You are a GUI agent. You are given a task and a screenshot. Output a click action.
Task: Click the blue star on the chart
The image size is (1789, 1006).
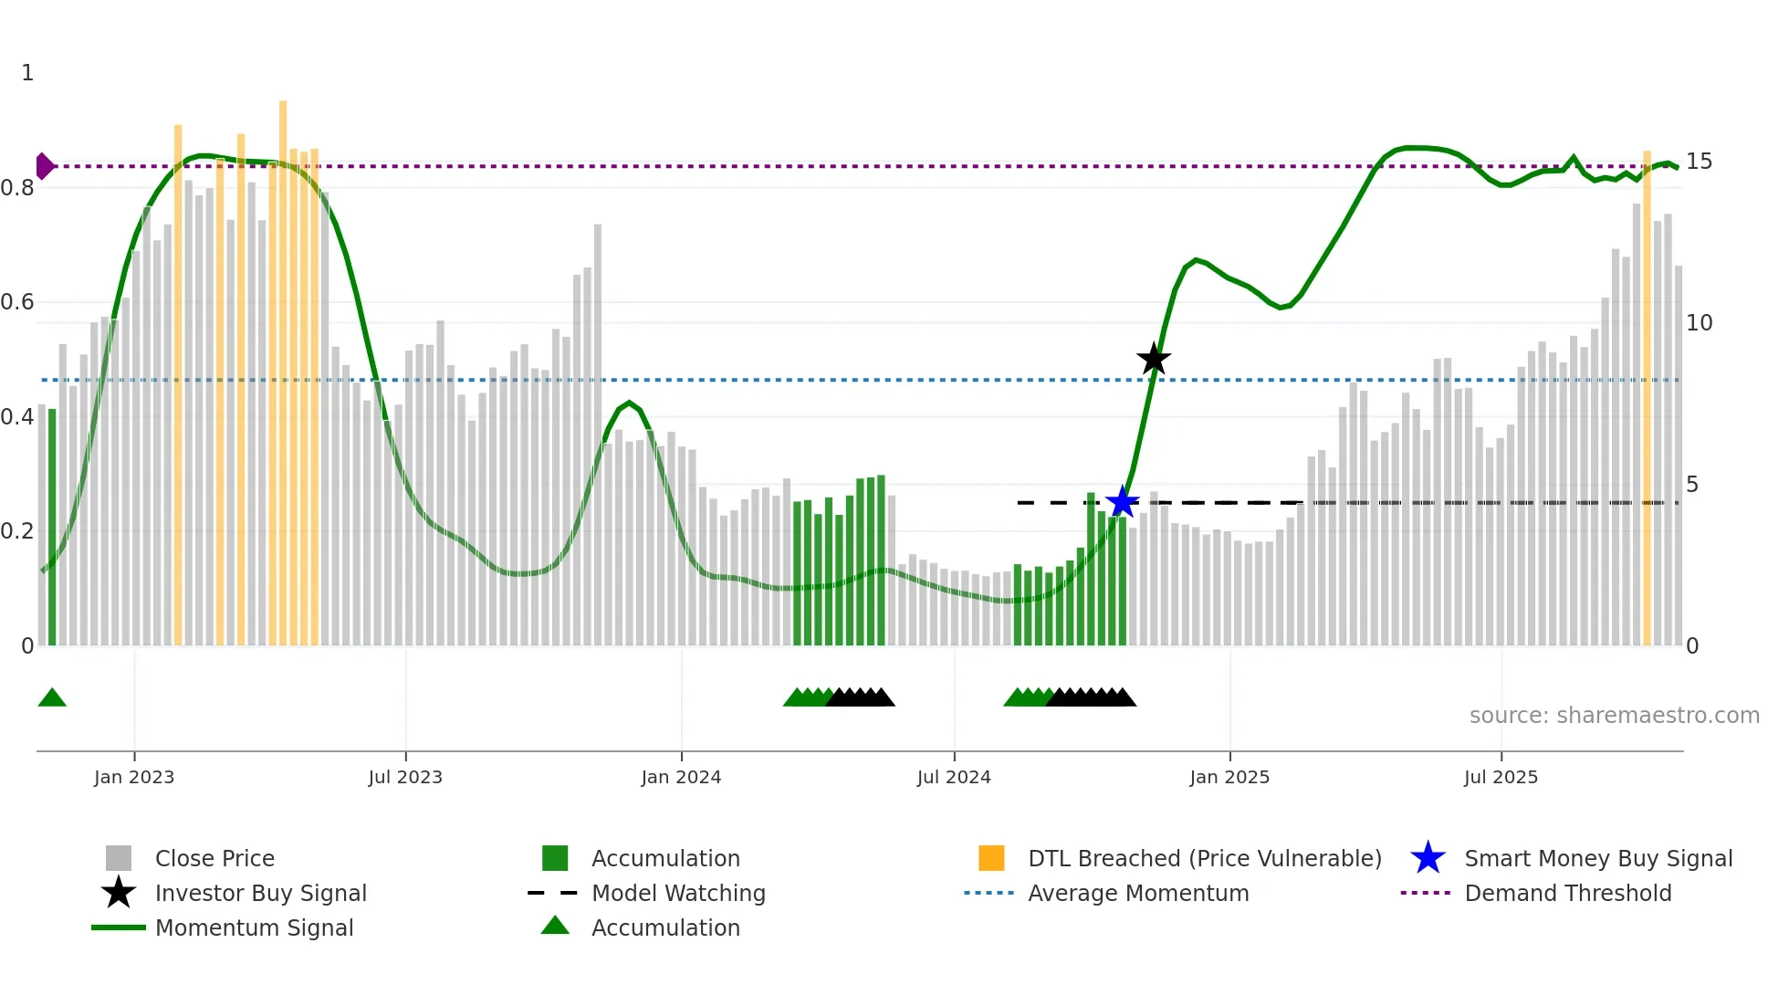coord(1122,502)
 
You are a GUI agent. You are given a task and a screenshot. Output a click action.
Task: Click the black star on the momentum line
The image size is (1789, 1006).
coord(1154,360)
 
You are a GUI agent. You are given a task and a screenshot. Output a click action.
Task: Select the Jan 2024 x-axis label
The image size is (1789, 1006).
coord(681,777)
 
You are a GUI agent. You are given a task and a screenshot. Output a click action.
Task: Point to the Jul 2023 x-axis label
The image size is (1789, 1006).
coord(405,777)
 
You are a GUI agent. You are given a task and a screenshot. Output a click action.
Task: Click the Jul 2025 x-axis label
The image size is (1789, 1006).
coord(1501,777)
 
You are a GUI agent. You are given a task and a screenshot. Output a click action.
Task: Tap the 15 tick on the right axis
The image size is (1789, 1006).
coord(1699,162)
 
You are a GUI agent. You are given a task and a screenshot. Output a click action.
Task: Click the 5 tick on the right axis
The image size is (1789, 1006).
coord(1692,485)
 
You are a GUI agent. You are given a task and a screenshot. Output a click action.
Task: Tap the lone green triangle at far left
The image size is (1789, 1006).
coord(52,698)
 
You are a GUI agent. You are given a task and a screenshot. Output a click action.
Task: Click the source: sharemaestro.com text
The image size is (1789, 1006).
coord(1614,716)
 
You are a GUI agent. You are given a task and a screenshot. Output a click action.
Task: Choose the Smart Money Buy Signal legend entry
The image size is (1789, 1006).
coord(1597,859)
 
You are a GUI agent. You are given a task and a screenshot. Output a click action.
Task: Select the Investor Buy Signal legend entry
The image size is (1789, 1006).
coord(260,894)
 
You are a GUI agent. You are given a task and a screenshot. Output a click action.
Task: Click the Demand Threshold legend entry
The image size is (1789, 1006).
coord(1567,894)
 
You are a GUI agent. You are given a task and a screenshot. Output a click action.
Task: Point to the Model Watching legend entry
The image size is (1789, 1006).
coord(678,894)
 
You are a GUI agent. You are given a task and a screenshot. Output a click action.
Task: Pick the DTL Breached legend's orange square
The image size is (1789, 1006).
coord(991,859)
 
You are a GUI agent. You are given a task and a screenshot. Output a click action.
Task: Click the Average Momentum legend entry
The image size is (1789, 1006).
coord(1137,894)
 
